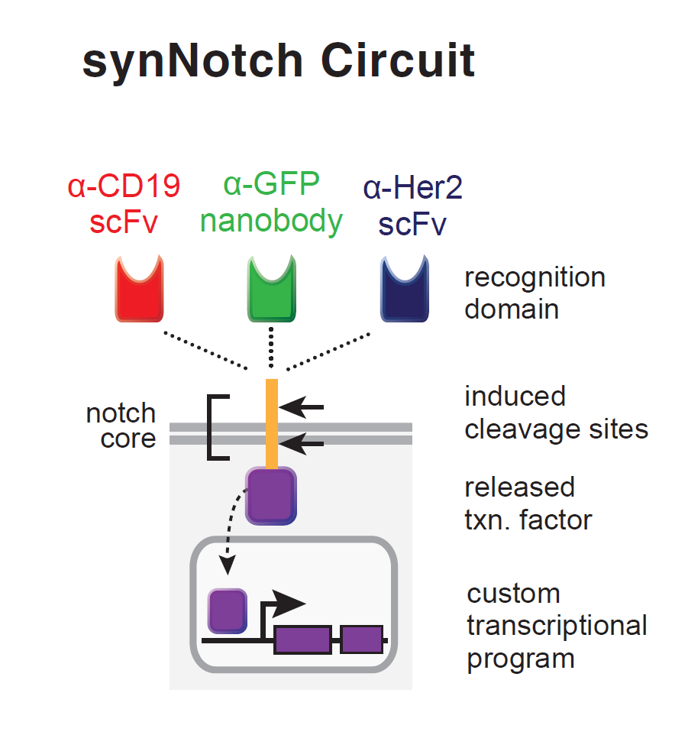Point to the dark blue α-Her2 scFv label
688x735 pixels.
tap(413, 205)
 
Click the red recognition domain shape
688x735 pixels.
tap(139, 289)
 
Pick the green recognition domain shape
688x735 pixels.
tap(271, 289)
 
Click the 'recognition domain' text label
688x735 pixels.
tap(535, 293)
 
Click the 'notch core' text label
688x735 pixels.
tap(121, 426)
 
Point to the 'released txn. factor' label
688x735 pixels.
tap(528, 503)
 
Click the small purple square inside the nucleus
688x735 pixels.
tap(228, 610)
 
